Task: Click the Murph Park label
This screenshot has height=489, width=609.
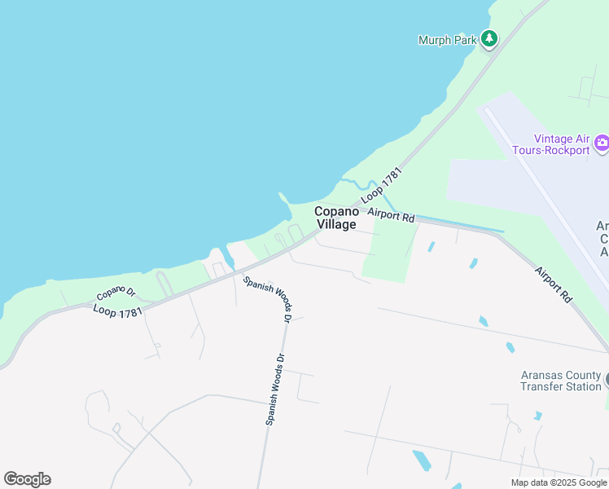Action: (x=447, y=40)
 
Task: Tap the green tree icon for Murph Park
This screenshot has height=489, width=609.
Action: (x=489, y=38)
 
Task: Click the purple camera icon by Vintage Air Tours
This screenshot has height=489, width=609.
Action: (x=602, y=143)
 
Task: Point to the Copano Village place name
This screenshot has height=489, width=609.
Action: (x=335, y=218)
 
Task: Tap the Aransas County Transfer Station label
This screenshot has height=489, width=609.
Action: (x=561, y=381)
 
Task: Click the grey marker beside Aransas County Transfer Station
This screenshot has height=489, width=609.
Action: (x=606, y=380)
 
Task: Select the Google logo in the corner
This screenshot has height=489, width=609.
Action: (x=27, y=478)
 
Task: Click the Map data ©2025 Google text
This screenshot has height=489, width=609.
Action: (x=558, y=482)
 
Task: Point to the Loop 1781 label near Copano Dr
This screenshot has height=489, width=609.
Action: (x=117, y=311)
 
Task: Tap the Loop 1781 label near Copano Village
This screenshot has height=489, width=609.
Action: (x=383, y=185)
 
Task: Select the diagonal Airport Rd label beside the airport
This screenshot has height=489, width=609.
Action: (x=554, y=284)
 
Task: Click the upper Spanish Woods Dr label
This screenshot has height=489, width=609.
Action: (x=267, y=297)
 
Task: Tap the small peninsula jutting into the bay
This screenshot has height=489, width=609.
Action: (x=285, y=204)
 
